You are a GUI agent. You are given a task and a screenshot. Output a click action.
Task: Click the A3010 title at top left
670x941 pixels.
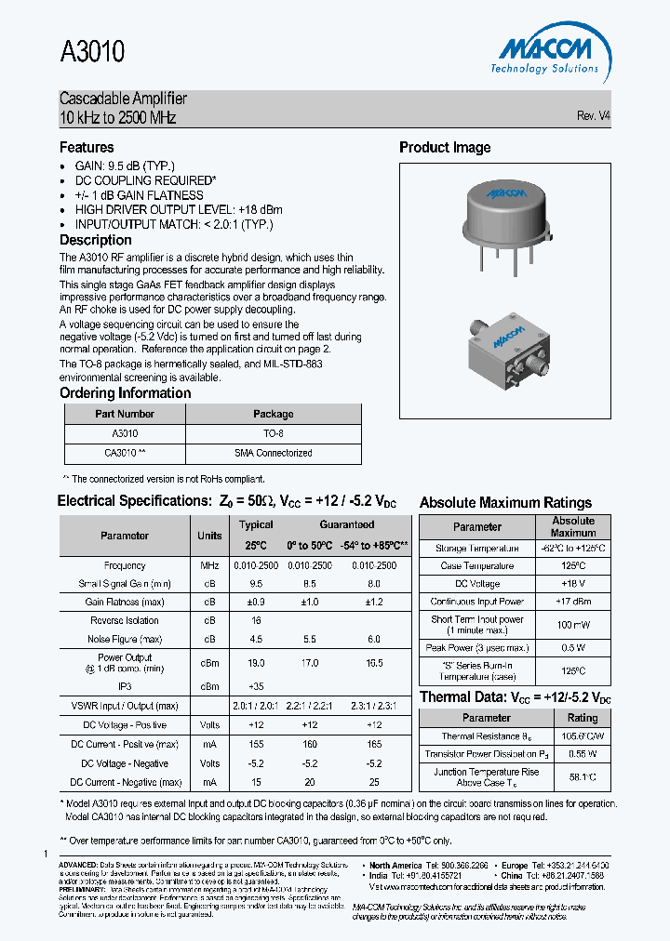[92, 52]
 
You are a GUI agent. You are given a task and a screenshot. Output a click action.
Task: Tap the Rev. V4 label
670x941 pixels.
[593, 116]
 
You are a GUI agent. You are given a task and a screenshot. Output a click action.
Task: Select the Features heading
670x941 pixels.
[87, 147]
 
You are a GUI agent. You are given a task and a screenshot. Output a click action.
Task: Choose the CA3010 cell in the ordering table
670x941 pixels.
[125, 454]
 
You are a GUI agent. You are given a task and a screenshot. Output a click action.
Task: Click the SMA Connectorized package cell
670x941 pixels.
[273, 454]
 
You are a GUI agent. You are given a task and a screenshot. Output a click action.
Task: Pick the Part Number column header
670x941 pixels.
[125, 414]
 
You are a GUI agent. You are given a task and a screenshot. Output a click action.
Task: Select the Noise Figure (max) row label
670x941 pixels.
[126, 639]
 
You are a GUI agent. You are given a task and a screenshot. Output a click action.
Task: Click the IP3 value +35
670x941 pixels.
[257, 686]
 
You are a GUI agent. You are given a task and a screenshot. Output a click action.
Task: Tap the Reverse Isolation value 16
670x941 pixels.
[257, 620]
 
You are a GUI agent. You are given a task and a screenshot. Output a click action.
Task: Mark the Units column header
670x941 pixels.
[209, 536]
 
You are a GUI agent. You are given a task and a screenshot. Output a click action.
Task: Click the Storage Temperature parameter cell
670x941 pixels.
[476, 549]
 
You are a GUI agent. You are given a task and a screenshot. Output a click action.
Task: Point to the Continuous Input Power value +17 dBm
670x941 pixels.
[573, 602]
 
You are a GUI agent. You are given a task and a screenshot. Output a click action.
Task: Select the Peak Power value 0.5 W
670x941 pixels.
[573, 647]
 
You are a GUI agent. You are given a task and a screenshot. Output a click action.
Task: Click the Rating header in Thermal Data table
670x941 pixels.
[583, 718]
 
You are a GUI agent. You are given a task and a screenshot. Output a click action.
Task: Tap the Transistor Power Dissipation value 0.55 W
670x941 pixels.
[583, 754]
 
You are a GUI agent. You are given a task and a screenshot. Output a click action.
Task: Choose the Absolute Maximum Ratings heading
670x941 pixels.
[505, 503]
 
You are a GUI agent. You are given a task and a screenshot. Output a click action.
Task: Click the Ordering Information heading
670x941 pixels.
[125, 393]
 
